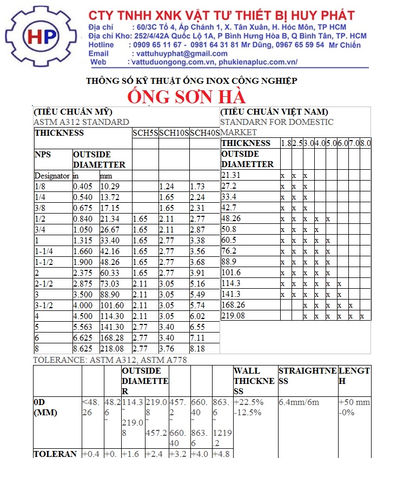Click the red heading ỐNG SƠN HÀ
point(187,96)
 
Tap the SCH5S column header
point(145,133)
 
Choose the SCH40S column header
point(204,133)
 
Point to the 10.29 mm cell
point(110,186)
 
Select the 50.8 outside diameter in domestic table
point(229,229)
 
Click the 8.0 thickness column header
point(366,143)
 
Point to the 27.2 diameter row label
point(229,186)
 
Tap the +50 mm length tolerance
point(354,402)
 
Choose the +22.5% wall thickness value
point(248,402)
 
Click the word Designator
point(52,176)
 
